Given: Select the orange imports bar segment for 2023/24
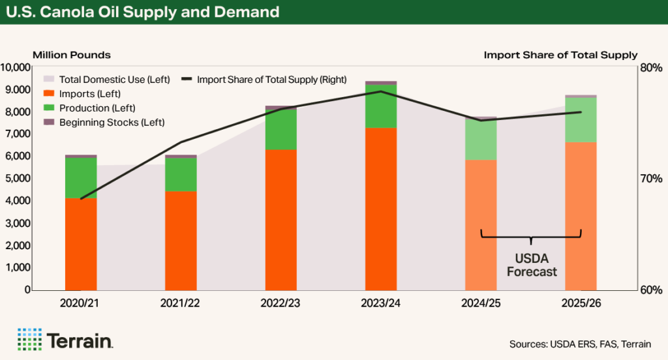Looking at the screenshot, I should pyautogui.click(x=381, y=209).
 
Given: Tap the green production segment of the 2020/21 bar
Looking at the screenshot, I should pyautogui.click(x=81, y=177).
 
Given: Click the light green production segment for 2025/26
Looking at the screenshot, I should pyautogui.click(x=581, y=120).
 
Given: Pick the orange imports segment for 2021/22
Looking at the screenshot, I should pyautogui.click(x=181, y=240).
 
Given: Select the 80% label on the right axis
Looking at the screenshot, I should pyautogui.click(x=653, y=67).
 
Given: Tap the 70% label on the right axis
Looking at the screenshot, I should pyautogui.click(x=653, y=179).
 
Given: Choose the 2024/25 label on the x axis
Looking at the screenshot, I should pyautogui.click(x=481, y=303).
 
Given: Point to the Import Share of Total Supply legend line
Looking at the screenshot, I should pyautogui.click(x=187, y=80).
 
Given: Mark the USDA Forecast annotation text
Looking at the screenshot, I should pyautogui.click(x=531, y=265).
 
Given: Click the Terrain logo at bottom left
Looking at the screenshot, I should pyautogui.click(x=66, y=340).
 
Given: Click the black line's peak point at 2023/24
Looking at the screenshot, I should pyautogui.click(x=381, y=91).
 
